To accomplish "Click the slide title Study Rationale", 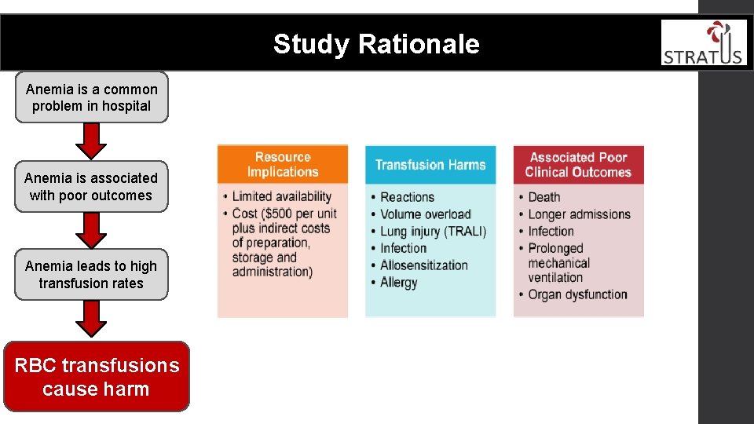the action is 376,44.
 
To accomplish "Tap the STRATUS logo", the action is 703,43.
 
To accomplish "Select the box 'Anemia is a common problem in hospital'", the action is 91,98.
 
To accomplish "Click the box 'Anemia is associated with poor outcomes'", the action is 91,187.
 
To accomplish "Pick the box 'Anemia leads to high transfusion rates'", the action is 91,275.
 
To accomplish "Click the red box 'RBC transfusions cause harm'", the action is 97,377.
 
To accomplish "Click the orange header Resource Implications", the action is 283,165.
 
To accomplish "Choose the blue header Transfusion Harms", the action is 430,165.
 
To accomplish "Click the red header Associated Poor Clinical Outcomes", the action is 578,165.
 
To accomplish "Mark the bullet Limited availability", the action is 282,196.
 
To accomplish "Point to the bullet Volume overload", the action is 426,214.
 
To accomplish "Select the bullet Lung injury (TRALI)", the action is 434,232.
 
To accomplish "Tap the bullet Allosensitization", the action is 424,265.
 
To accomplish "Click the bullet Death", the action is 544,197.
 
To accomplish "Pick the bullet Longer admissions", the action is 579,214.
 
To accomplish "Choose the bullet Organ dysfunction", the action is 577,295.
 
